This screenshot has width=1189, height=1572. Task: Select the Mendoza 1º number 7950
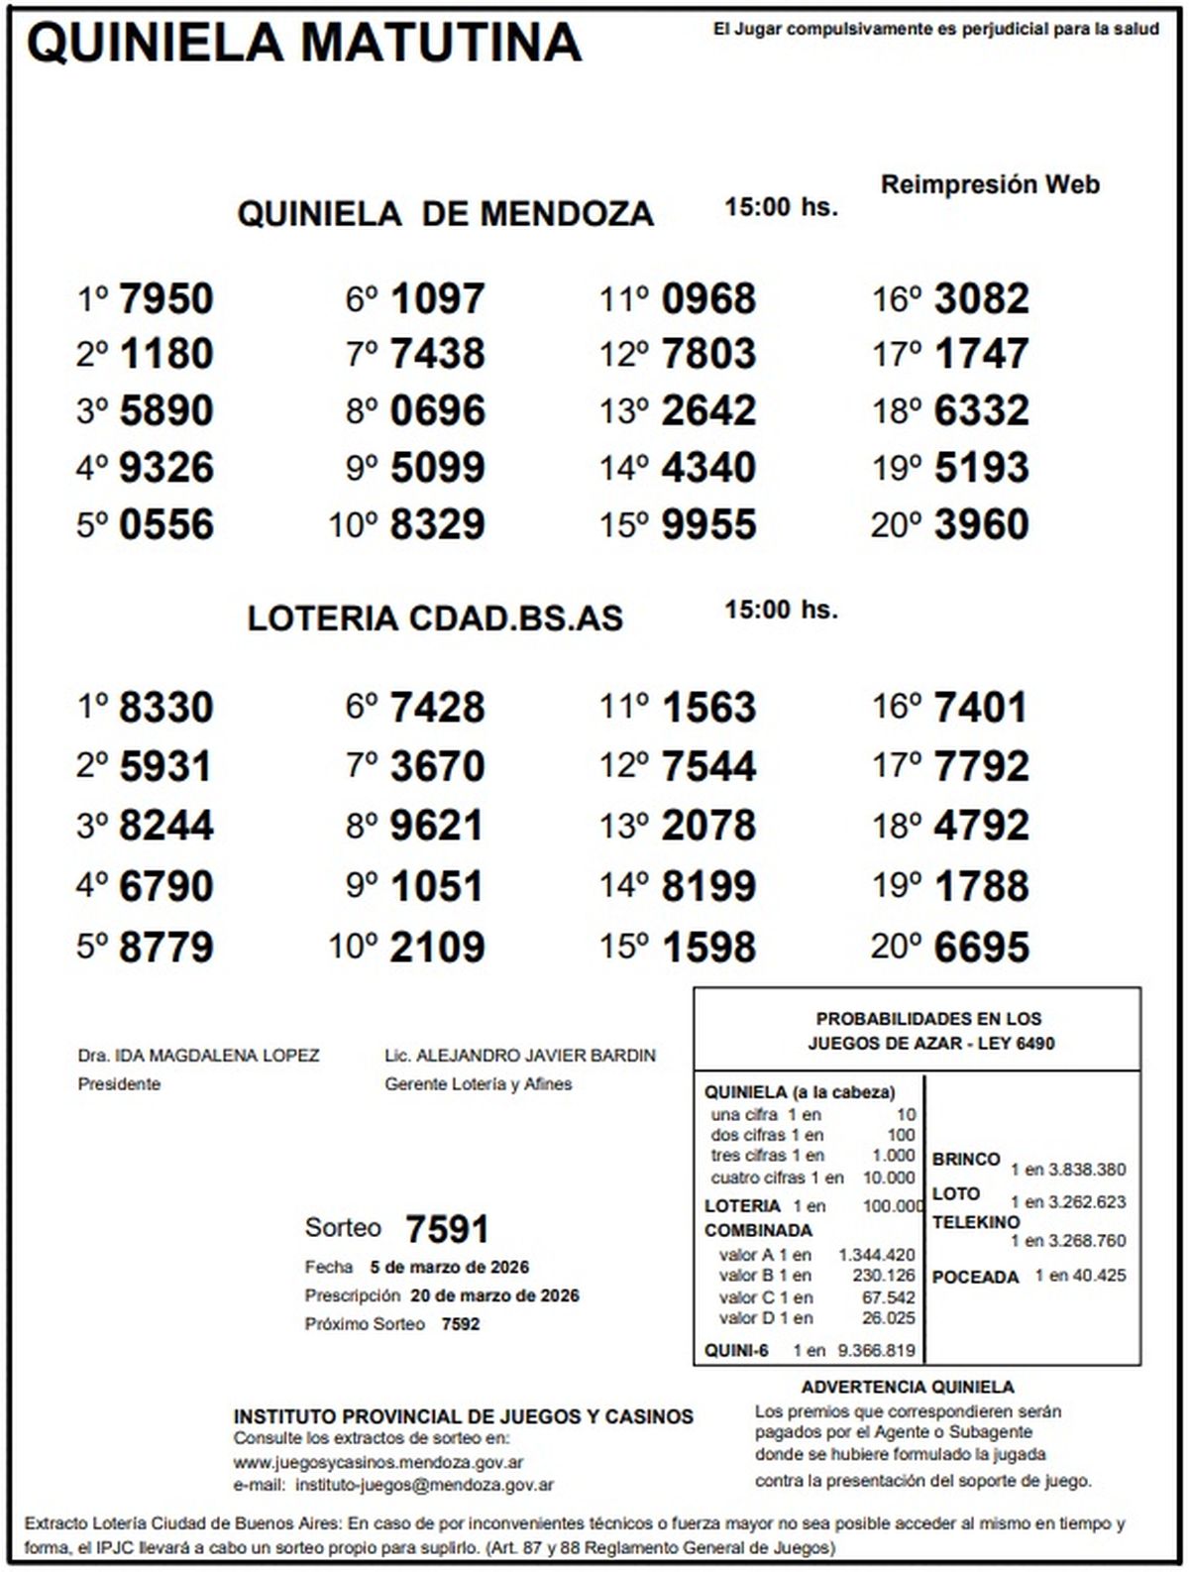coord(165,298)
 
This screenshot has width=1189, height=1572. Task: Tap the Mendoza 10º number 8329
coord(437,524)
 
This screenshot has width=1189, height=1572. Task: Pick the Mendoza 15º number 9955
coord(708,524)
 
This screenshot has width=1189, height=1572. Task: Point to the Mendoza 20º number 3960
coord(981,524)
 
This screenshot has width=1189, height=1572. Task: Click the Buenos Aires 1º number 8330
coord(165,708)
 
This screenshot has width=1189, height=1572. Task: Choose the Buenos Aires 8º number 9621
coord(437,826)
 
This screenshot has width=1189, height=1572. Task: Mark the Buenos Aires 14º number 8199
coord(708,886)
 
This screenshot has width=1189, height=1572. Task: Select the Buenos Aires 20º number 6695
coord(981,947)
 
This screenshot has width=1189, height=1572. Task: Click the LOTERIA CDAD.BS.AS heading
coord(435,618)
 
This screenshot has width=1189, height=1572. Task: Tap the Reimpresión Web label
coord(990,184)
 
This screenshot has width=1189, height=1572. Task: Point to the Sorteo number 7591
coord(447,1230)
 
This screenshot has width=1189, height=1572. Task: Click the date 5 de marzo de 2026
coord(449,1267)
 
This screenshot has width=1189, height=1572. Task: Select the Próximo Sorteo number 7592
coord(460,1324)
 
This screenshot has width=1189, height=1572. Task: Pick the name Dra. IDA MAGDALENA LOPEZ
coord(198,1056)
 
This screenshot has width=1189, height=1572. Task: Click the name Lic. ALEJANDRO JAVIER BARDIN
coord(519,1056)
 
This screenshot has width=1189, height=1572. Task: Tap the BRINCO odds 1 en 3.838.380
coord(1068,1170)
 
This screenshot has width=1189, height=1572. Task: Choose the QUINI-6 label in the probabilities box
coord(736,1350)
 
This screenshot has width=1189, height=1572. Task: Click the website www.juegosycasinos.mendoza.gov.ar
coord(378,1462)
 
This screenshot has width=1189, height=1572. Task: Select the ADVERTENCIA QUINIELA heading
coord(908,1388)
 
